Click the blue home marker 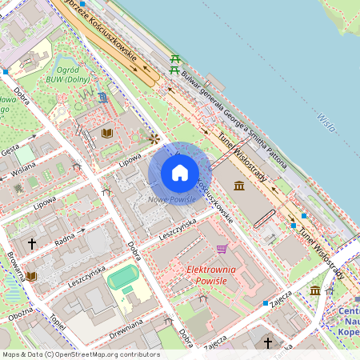pyautogui.click(x=180, y=173)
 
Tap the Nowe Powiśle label pyautogui.click(x=170, y=199)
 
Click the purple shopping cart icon pyautogui.click(x=222, y=248)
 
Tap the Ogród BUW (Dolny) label pyautogui.click(x=77, y=74)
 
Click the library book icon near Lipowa pyautogui.click(x=107, y=132)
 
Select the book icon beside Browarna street pyautogui.click(x=30, y=276)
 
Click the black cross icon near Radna pyautogui.click(x=33, y=243)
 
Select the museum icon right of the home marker pyautogui.click(x=239, y=186)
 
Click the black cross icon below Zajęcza pyautogui.click(x=268, y=342)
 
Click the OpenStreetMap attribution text pyautogui.click(x=80, y=354)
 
